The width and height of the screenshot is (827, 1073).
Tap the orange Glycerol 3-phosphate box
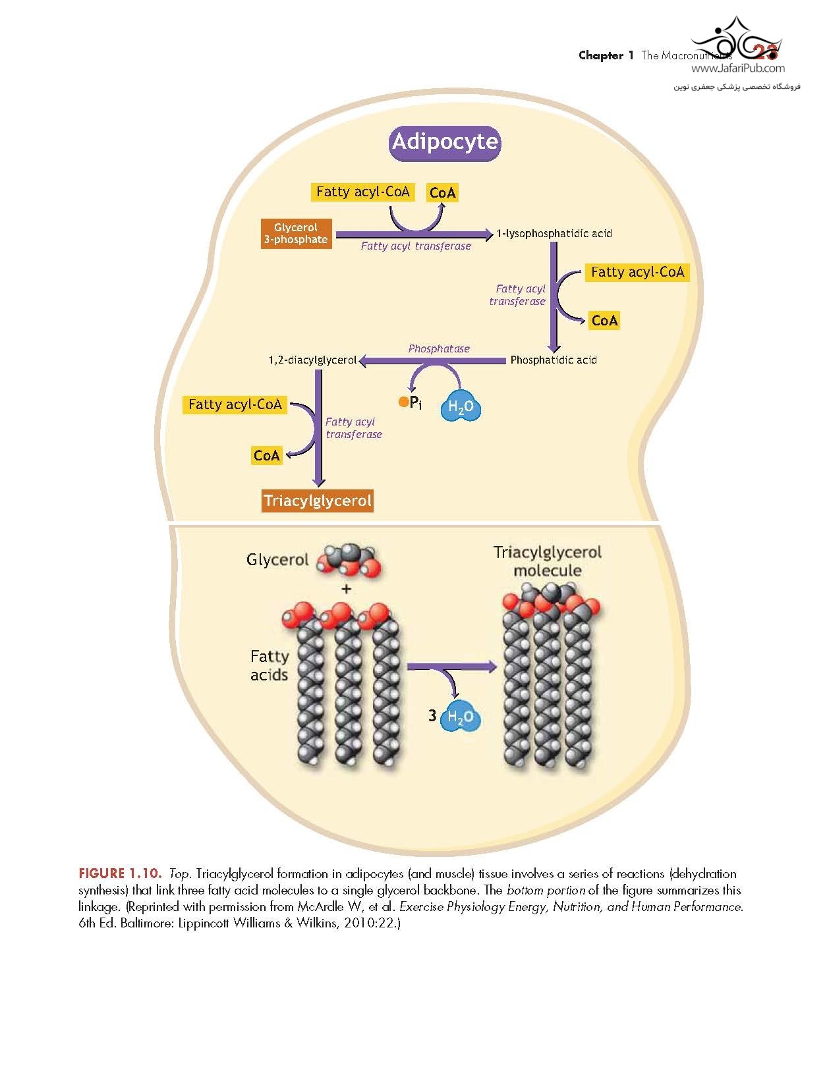tap(296, 234)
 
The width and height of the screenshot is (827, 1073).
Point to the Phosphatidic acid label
tap(554, 360)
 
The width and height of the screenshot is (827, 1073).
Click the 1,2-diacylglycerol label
tap(312, 360)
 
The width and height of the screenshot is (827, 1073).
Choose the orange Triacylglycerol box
tap(318, 501)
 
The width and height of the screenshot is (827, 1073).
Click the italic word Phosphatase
tap(439, 348)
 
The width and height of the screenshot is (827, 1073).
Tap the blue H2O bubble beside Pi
tap(461, 407)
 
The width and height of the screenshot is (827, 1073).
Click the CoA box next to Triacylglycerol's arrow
tap(267, 455)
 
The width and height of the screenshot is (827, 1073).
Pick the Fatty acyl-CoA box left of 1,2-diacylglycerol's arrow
tap(235, 404)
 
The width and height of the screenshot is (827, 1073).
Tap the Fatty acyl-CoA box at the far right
tap(637, 272)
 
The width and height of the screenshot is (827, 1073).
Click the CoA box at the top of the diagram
tap(442, 193)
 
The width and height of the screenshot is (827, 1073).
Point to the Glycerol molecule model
tap(349, 561)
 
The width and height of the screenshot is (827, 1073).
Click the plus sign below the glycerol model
tap(346, 589)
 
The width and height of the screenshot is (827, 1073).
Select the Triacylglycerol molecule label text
tap(547, 561)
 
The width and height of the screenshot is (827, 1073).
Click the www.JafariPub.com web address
tap(737, 68)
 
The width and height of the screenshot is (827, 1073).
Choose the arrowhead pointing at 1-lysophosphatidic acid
tap(488, 234)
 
